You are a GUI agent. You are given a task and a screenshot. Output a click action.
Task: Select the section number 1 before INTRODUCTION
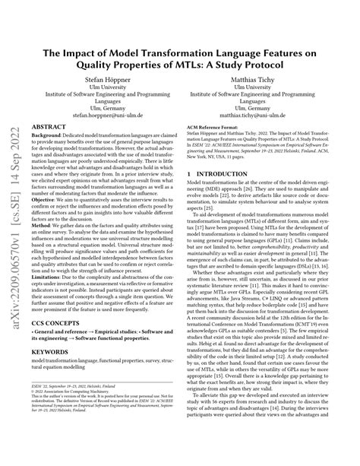point(188,195)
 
